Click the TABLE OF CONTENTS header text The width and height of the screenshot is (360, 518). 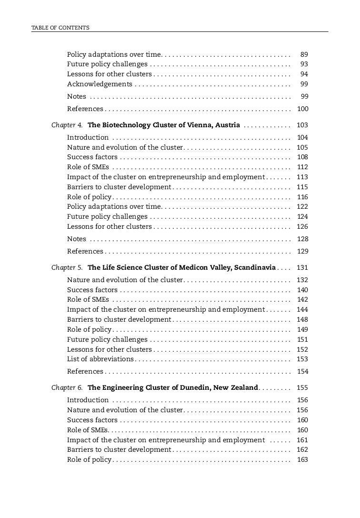click(60, 28)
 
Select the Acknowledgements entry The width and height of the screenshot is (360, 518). click(100, 84)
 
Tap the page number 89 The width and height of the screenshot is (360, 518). click(304, 55)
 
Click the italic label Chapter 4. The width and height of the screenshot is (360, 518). click(67, 125)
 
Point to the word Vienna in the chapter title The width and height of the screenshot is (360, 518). click(196, 125)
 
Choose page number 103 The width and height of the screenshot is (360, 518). click(302, 125)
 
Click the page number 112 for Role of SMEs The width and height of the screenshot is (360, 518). click(302, 167)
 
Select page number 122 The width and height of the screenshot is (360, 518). click(302, 207)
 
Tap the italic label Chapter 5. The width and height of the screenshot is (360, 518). click(67, 268)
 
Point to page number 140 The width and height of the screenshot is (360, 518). click(302, 290)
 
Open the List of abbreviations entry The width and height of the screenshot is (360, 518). click(100, 359)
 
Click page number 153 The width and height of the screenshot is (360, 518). click(302, 359)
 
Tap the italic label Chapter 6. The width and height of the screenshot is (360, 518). click(67, 388)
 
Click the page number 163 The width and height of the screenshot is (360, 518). click(302, 460)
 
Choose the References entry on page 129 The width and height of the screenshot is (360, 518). click(85, 252)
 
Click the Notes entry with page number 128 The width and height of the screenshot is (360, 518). click(77, 239)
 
